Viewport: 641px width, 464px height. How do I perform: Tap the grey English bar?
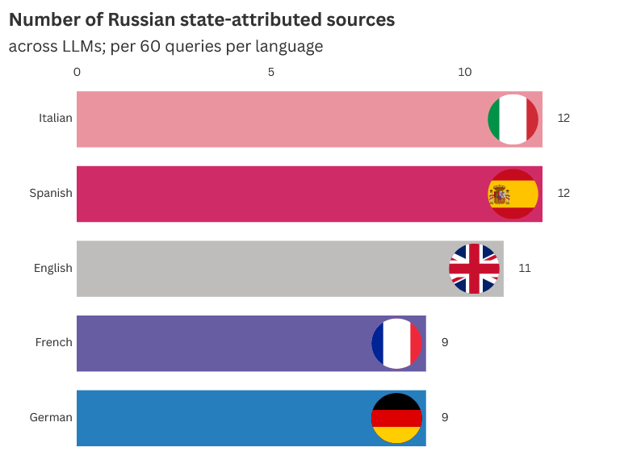point(258,269)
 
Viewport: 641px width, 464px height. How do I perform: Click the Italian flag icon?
point(513,119)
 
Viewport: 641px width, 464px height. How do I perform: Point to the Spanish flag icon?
point(513,194)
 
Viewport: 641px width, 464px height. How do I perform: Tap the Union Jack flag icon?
point(474,269)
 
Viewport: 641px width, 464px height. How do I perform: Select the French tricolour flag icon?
point(396,343)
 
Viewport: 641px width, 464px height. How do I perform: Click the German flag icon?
point(396,418)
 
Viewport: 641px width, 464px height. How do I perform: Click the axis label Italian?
point(56,119)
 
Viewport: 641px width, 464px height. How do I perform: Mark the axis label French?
point(54,343)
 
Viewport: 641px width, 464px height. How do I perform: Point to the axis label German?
point(51,418)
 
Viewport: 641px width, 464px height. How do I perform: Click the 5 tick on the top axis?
point(271,73)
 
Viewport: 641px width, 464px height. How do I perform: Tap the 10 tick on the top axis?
point(465,73)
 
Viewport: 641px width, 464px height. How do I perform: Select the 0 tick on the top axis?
point(77,73)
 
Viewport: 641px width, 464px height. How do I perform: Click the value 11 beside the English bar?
point(525,269)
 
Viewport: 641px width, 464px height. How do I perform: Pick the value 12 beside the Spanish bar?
point(563,194)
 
